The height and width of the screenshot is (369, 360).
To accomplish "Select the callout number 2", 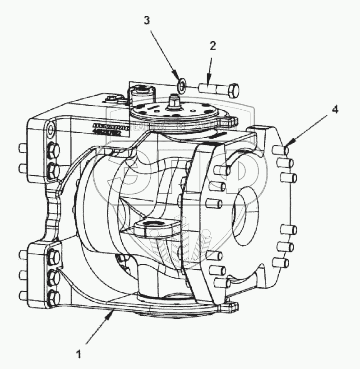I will pyautogui.click(x=212, y=46).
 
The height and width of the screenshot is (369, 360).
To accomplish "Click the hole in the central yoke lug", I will pyautogui.click(x=150, y=224).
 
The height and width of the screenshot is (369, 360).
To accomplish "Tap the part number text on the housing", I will pyautogui.click(x=110, y=130).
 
